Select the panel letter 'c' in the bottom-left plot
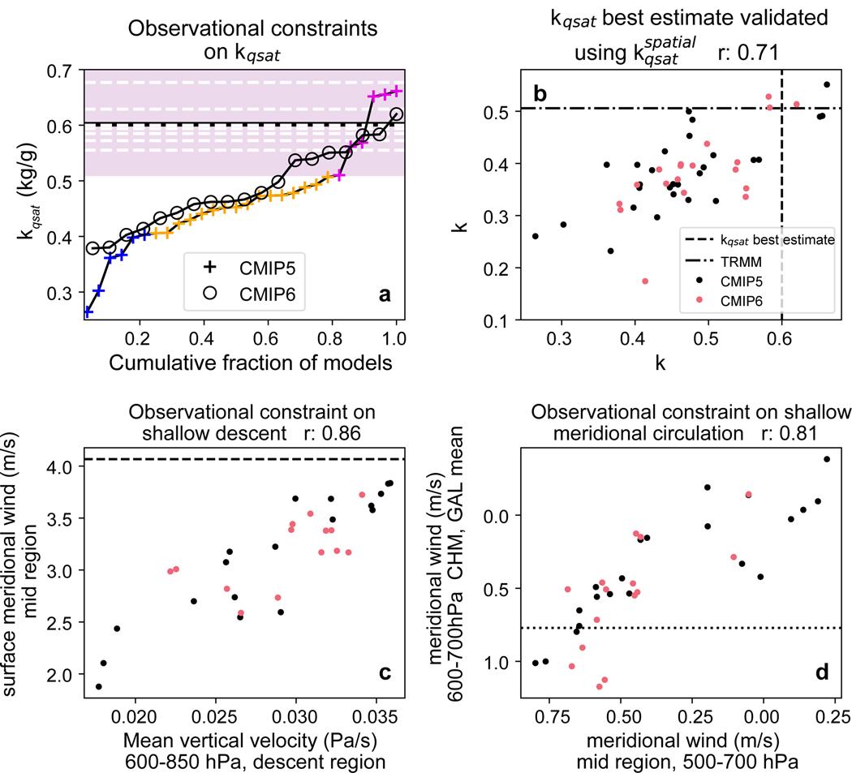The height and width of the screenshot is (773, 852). click(x=385, y=672)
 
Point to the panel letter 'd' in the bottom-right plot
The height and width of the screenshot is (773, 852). click(x=821, y=672)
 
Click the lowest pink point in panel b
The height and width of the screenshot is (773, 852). click(x=645, y=281)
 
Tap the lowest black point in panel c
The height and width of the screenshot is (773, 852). click(x=99, y=686)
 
